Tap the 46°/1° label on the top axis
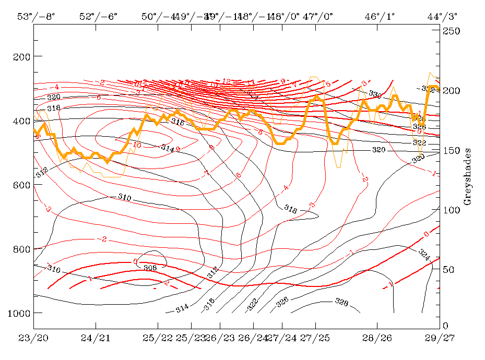(380, 16)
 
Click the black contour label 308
(150, 268)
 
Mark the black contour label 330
(375, 94)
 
